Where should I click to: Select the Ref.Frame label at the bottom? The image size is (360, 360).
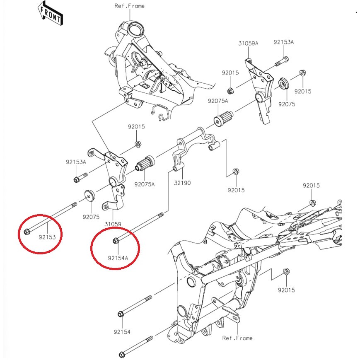[x=237, y=338]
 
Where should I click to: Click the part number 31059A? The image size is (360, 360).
[x=248, y=43]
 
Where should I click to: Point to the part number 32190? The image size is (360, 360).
[x=182, y=182]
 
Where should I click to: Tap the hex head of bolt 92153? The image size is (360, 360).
[x=27, y=231]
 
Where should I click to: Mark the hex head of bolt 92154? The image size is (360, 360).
[x=121, y=313]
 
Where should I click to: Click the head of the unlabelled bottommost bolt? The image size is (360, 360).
[x=122, y=355]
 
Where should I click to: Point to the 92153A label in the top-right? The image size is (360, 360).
[x=283, y=42]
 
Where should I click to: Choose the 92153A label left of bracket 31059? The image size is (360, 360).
[x=76, y=162]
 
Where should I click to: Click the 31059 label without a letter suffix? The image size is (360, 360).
[x=113, y=224]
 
